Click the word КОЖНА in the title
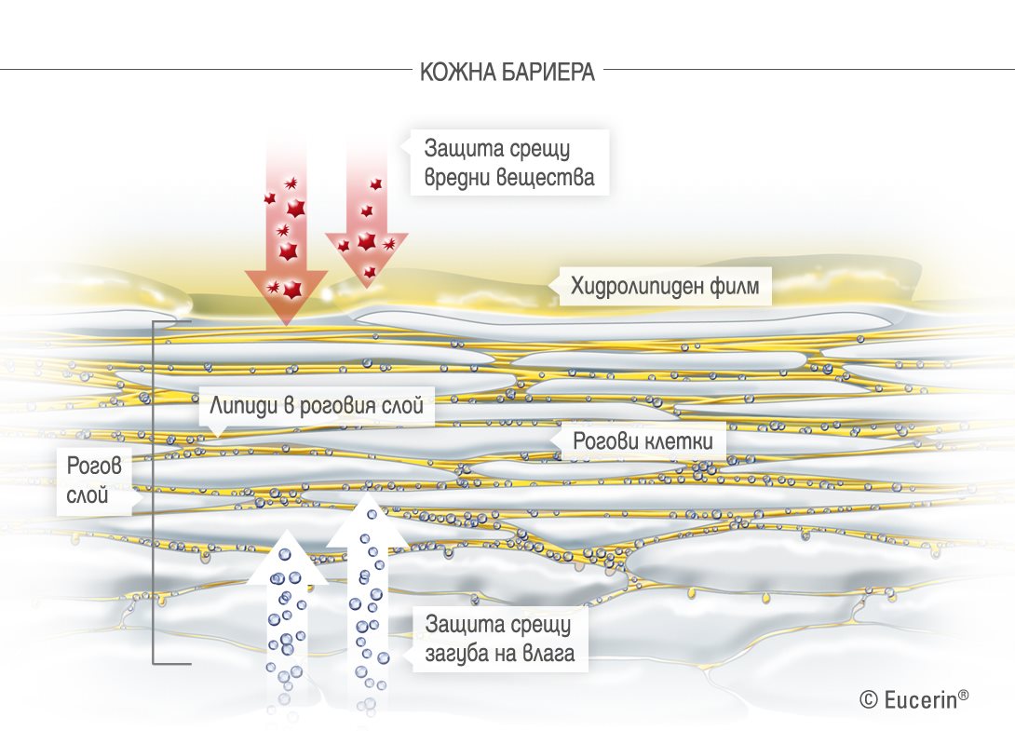click(457, 72)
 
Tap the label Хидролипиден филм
click(665, 286)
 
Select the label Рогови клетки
click(643, 441)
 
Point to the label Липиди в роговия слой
click(317, 406)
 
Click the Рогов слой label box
click(94, 481)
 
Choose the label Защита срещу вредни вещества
click(509, 162)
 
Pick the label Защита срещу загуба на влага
click(500, 639)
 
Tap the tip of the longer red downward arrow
click(286, 324)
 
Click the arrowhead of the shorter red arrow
click(367, 259)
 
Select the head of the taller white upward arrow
click(367, 519)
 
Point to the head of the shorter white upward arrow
click(286, 556)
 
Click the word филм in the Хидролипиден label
click(735, 286)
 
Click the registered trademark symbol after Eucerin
click(964, 694)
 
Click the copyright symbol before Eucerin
click(869, 699)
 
